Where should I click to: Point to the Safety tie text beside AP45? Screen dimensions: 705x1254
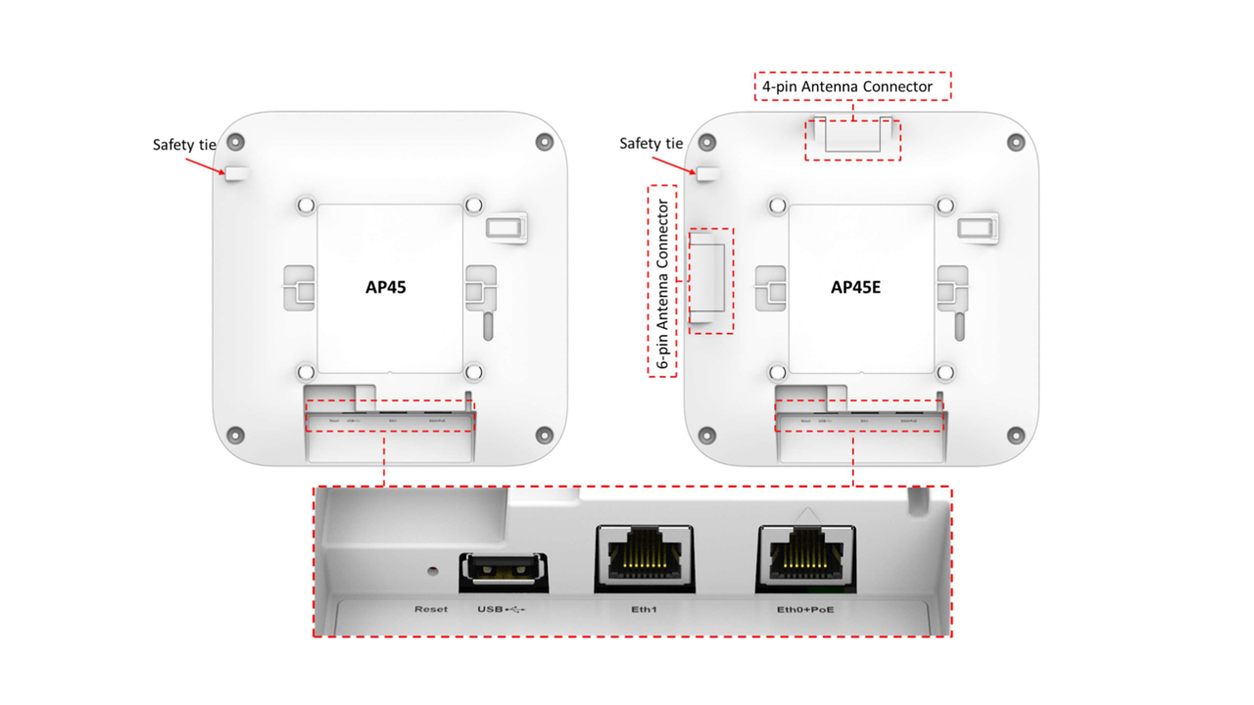click(184, 145)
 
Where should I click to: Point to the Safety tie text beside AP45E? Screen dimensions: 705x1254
click(651, 144)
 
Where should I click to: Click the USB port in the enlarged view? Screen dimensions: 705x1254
click(503, 571)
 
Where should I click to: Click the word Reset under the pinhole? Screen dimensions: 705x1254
click(431, 609)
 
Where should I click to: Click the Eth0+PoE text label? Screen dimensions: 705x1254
click(805, 609)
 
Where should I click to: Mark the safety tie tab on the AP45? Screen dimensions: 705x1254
click(238, 174)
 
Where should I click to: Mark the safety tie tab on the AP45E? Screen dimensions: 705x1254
click(707, 174)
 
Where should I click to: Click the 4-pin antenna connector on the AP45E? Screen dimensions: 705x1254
click(851, 136)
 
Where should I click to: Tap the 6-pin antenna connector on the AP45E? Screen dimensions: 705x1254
click(709, 279)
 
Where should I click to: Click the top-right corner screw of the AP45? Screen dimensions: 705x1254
click(545, 143)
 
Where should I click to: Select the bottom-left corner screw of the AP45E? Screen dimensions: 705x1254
click(705, 434)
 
